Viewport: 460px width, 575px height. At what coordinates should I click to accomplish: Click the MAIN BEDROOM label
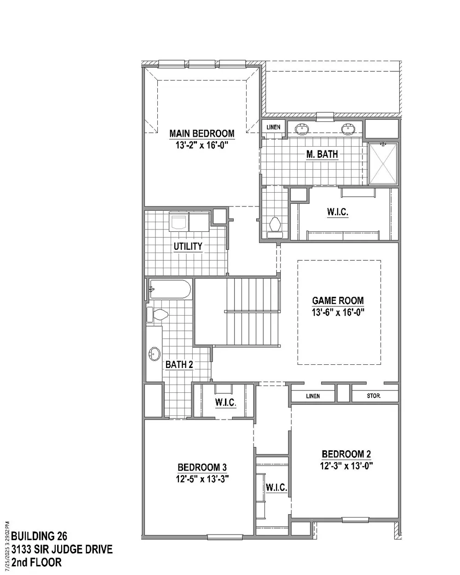coord(202,133)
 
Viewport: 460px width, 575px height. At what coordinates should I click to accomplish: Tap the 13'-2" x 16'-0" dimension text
coord(202,145)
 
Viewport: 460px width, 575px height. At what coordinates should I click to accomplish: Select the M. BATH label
coord(322,154)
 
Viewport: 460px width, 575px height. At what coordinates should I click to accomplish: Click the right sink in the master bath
coord(348,129)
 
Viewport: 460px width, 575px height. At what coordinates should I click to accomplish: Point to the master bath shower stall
coord(383,163)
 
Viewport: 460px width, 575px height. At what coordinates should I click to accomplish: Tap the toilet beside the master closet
coord(275,227)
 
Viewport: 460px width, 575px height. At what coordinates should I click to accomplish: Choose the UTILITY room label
coord(188,246)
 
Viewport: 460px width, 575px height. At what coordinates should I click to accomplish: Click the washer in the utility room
coord(179,222)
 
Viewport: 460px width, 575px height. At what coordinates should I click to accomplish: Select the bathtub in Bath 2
coord(170,289)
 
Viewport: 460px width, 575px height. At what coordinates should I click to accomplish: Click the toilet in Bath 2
coord(157,315)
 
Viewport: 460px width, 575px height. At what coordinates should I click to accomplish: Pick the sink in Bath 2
coord(155,354)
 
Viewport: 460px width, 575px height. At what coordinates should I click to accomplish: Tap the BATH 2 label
coord(179,364)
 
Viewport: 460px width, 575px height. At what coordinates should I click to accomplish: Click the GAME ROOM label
coord(338,300)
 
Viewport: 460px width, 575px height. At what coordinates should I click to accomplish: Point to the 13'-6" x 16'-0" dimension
coord(338,312)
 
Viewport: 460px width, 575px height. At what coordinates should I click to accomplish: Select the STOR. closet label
coord(374,396)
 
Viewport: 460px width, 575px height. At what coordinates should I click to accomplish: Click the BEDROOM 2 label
coord(346,454)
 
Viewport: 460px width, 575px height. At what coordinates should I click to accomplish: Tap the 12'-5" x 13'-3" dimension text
coord(202,479)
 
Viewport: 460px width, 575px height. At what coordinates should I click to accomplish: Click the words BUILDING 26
coord(39,536)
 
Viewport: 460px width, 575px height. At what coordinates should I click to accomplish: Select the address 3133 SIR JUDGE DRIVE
coord(62,549)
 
